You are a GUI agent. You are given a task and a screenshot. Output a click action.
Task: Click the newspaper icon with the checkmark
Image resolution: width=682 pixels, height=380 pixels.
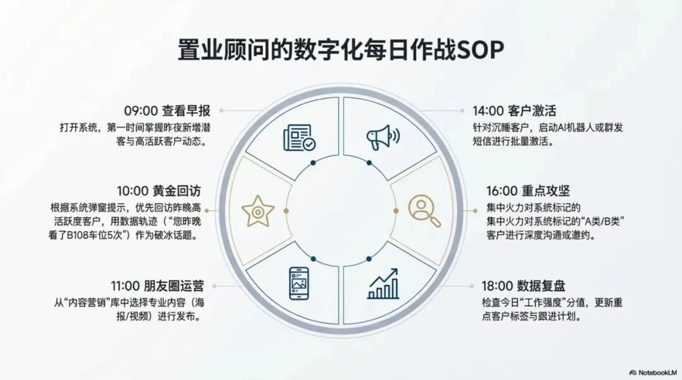click(x=299, y=138)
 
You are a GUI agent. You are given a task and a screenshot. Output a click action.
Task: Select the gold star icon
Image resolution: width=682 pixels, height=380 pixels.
click(x=258, y=211)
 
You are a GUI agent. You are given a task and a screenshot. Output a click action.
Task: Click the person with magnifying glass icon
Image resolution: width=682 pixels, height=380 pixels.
click(x=424, y=211)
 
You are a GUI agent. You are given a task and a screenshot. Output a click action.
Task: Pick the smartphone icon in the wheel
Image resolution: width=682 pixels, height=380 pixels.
click(x=299, y=283)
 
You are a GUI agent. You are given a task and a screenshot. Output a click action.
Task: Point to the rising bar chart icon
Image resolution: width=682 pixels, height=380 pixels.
click(x=383, y=283)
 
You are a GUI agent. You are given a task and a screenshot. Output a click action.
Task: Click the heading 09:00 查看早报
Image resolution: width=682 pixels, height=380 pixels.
click(x=167, y=111)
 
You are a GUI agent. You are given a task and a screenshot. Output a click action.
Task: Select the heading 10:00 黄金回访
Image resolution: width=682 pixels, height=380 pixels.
click(x=159, y=191)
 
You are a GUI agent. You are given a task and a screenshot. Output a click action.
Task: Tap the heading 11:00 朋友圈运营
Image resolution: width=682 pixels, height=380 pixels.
click(x=157, y=286)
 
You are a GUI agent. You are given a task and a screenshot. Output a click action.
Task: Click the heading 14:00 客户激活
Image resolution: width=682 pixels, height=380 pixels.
click(x=515, y=111)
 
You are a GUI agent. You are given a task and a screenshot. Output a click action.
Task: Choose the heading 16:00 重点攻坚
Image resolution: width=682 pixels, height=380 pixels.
click(x=528, y=191)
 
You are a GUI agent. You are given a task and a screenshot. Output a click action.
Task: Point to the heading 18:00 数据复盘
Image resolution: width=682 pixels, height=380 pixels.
click(x=523, y=286)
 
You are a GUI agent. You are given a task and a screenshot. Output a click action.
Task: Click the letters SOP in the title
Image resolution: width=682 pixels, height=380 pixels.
click(x=480, y=50)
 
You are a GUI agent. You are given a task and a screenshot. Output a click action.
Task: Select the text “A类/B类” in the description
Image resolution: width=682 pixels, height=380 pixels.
click(x=603, y=222)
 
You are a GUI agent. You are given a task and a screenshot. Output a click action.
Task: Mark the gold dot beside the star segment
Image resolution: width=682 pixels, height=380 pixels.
click(x=286, y=211)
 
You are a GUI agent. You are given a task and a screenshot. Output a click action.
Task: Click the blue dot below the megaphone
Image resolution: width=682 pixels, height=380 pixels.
click(x=369, y=163)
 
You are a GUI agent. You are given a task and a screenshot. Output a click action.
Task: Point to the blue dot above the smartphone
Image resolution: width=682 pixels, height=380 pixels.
click(x=313, y=259)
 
